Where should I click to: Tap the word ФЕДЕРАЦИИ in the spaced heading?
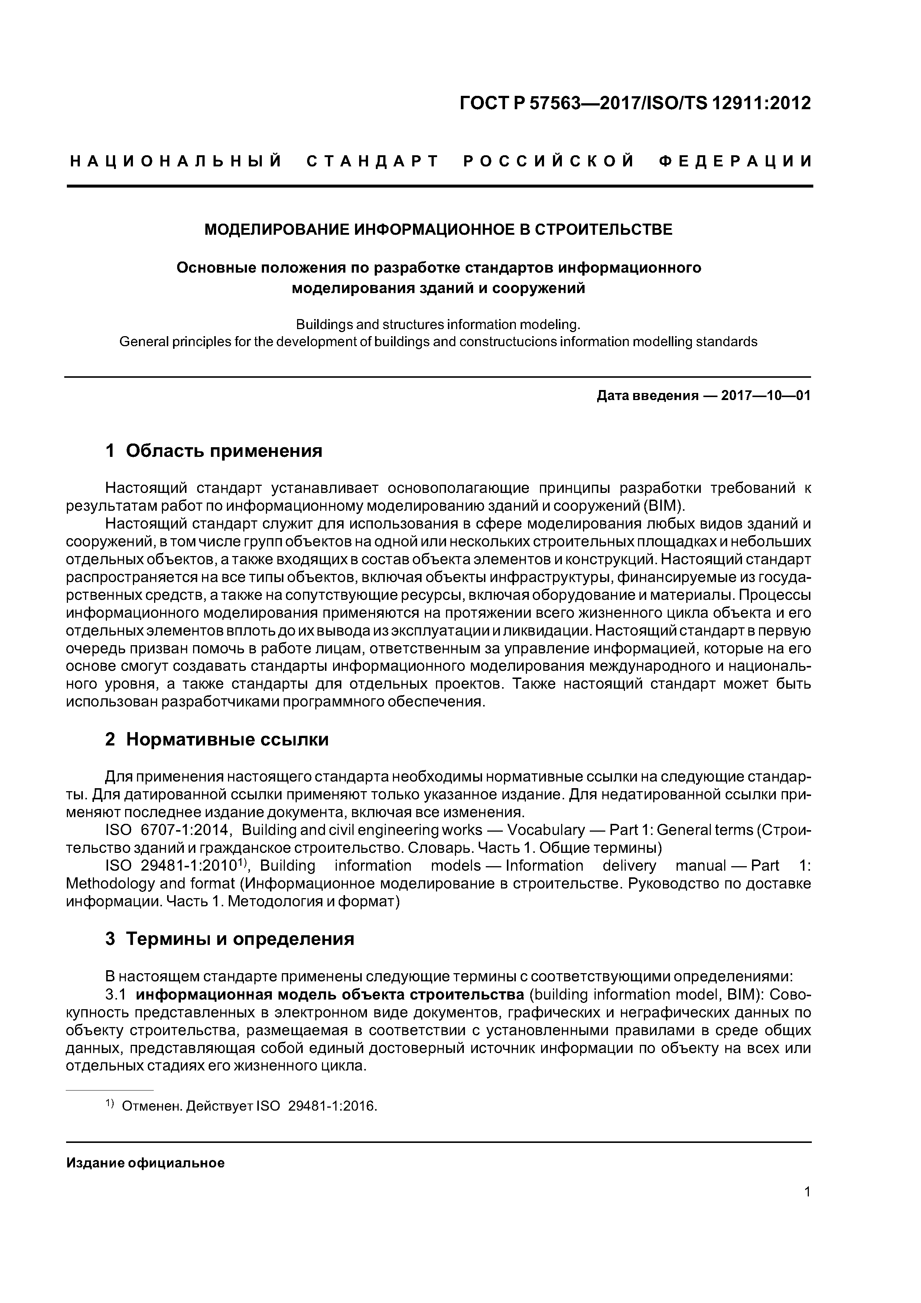coord(735,162)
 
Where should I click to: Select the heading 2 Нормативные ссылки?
coord(217,740)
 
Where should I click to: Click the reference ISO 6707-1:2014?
coord(167,830)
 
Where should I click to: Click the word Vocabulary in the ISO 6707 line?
coord(545,830)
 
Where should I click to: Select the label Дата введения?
coord(647,396)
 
